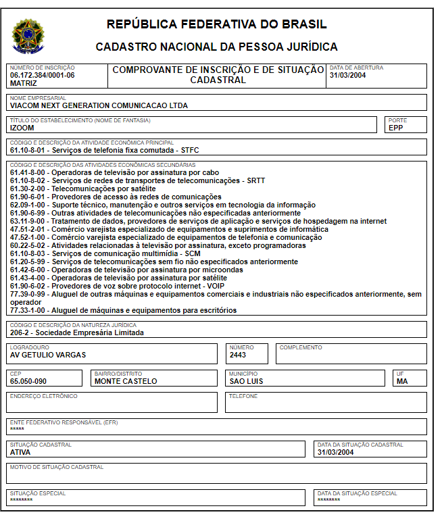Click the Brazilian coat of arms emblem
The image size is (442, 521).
(28, 36)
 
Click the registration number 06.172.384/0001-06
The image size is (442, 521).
(42, 75)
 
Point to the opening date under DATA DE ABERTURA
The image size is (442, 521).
(347, 75)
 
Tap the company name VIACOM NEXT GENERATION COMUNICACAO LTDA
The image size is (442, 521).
(99, 105)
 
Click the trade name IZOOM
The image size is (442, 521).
(22, 127)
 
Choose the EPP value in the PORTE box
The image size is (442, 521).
(395, 127)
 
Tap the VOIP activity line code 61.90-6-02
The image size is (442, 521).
(28, 286)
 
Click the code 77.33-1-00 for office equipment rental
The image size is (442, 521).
(28, 310)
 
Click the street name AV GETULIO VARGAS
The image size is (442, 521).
(48, 355)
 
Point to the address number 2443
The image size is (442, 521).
(238, 355)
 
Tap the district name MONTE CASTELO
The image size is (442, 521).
(126, 381)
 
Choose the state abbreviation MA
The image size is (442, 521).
(403, 381)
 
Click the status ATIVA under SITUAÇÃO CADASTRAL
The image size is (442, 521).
(20, 452)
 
